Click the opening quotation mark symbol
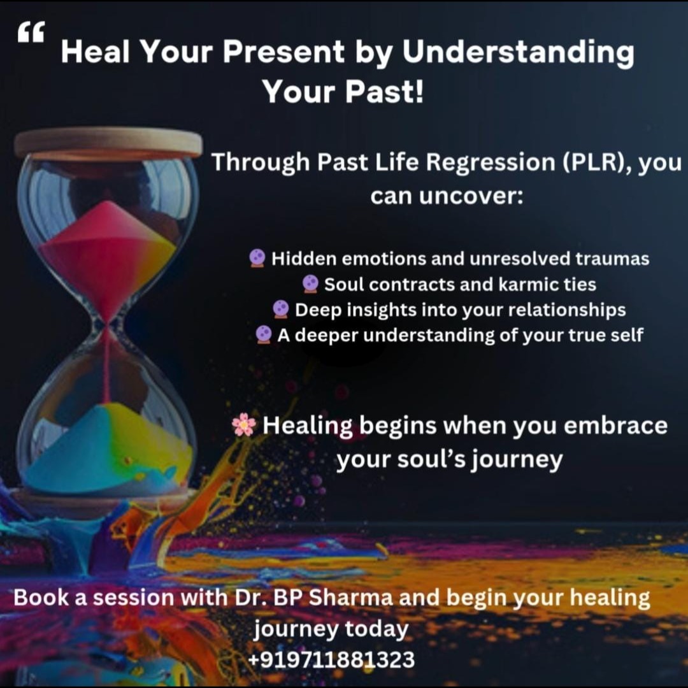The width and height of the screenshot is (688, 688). click(x=31, y=32)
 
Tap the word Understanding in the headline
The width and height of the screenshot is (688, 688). click(x=518, y=52)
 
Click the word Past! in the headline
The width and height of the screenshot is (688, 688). click(x=384, y=91)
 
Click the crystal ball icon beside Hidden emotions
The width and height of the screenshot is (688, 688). click(x=257, y=258)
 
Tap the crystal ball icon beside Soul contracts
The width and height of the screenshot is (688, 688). click(x=311, y=284)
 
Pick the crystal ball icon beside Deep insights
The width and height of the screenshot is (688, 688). click(x=280, y=310)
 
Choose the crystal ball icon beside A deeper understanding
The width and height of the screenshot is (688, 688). click(x=263, y=335)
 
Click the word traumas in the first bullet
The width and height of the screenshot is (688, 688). click(x=612, y=259)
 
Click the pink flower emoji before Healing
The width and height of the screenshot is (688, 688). click(x=244, y=425)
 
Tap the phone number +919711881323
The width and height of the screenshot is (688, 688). click(x=331, y=659)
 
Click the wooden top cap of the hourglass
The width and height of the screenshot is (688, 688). click(x=108, y=143)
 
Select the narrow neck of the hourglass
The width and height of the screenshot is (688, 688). click(x=106, y=325)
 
